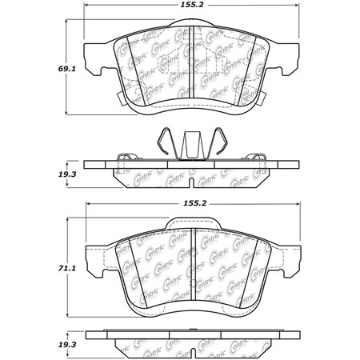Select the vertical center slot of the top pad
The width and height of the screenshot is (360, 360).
[191, 68]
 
